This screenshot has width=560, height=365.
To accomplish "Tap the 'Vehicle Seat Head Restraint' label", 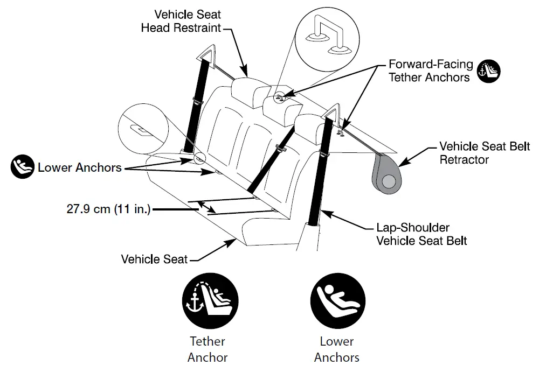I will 181,21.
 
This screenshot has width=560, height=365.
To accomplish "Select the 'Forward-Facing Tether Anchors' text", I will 431,71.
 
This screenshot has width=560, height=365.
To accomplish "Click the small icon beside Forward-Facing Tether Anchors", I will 489,71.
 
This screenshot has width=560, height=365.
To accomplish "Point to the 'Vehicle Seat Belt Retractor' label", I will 485,153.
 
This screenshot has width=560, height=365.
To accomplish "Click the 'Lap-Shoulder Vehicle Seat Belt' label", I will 421,234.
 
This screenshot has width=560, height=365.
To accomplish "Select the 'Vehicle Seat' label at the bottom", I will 154,259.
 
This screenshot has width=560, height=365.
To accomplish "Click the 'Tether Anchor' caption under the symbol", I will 208,349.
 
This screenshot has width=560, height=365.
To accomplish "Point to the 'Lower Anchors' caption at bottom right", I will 336,349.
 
